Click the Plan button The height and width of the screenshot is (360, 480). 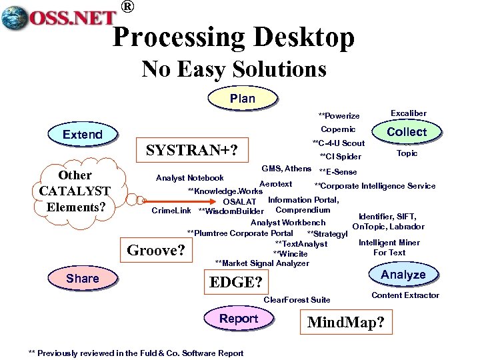242,98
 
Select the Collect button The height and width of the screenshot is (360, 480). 407,131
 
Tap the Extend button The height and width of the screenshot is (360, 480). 82,134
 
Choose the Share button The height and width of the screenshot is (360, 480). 82,278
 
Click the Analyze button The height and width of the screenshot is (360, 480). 403,275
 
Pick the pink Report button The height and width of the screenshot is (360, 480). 239,319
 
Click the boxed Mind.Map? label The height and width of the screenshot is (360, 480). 345,323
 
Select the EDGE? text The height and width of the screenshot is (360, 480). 236,282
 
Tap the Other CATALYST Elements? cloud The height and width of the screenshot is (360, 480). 74,191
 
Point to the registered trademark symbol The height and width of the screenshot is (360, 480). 127,7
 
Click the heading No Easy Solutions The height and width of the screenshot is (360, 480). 234,69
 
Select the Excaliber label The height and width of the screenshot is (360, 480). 408,114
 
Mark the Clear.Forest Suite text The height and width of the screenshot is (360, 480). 297,300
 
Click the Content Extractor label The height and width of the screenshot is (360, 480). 405,295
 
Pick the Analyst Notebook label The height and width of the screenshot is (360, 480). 189,178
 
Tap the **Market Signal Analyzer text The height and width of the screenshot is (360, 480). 262,263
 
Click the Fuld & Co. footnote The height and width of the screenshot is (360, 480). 136,353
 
